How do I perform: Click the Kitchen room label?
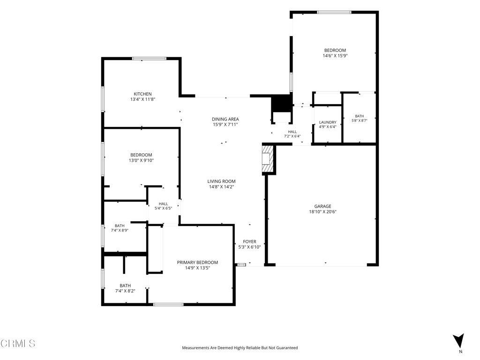point(142,94)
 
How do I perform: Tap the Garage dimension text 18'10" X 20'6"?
point(322,211)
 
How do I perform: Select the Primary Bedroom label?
point(197,262)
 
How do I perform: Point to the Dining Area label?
point(225,119)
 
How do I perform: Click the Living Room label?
point(221,181)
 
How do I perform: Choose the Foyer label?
point(249,241)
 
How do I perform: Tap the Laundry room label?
point(328,122)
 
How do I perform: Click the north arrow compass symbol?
point(458,341)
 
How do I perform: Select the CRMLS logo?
point(18,344)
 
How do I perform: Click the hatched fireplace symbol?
point(267,159)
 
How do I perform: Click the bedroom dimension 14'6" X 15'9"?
point(335,56)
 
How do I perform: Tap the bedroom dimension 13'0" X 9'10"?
point(141,160)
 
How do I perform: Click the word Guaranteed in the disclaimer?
point(287,348)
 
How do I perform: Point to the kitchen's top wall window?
point(150,59)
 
